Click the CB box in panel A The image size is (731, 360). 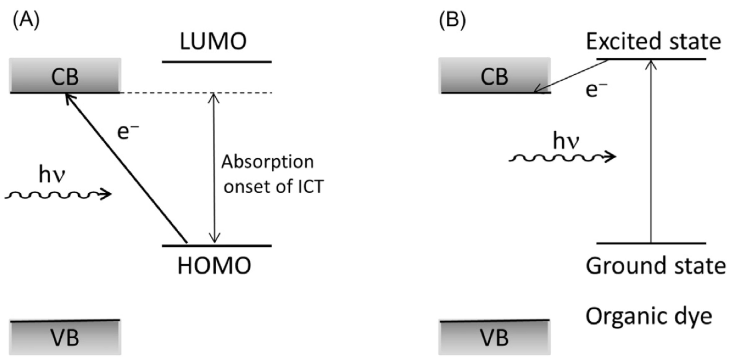[65, 76]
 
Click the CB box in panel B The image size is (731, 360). [494, 76]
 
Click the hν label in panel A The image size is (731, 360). [52, 175]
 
